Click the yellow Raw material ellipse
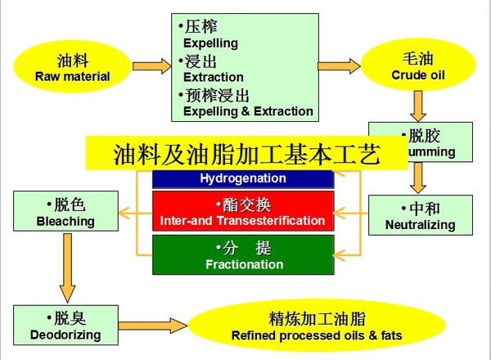[72, 69]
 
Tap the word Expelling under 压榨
[210, 43]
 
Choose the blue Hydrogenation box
[243, 178]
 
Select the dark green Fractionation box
[243, 255]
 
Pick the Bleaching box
[65, 211]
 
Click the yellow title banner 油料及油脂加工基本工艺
[246, 154]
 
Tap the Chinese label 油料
[72, 61]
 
